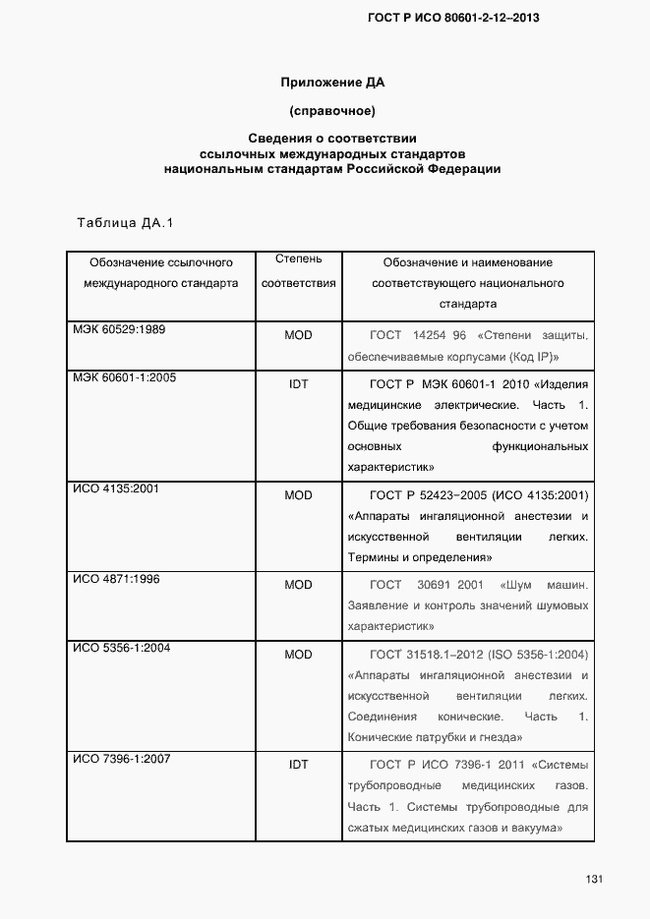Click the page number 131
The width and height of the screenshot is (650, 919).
pos(593,878)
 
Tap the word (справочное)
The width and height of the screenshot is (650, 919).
pos(332,109)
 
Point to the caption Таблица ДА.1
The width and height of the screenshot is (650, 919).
pos(125,223)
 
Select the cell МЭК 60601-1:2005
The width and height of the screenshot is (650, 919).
pos(124,377)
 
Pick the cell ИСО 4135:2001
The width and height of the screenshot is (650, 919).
pos(116,488)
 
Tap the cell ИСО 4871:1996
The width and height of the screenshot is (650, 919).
pos(116,579)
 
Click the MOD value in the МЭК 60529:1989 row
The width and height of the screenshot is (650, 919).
pos(298,335)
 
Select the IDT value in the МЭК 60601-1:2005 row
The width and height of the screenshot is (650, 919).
pos(298,383)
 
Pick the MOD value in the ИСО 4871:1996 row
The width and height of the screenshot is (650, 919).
pos(298,585)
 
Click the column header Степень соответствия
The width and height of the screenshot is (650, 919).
pos(298,271)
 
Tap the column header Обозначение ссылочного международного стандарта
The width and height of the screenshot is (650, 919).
pos(160,272)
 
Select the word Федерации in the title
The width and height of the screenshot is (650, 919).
pos(464,168)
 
